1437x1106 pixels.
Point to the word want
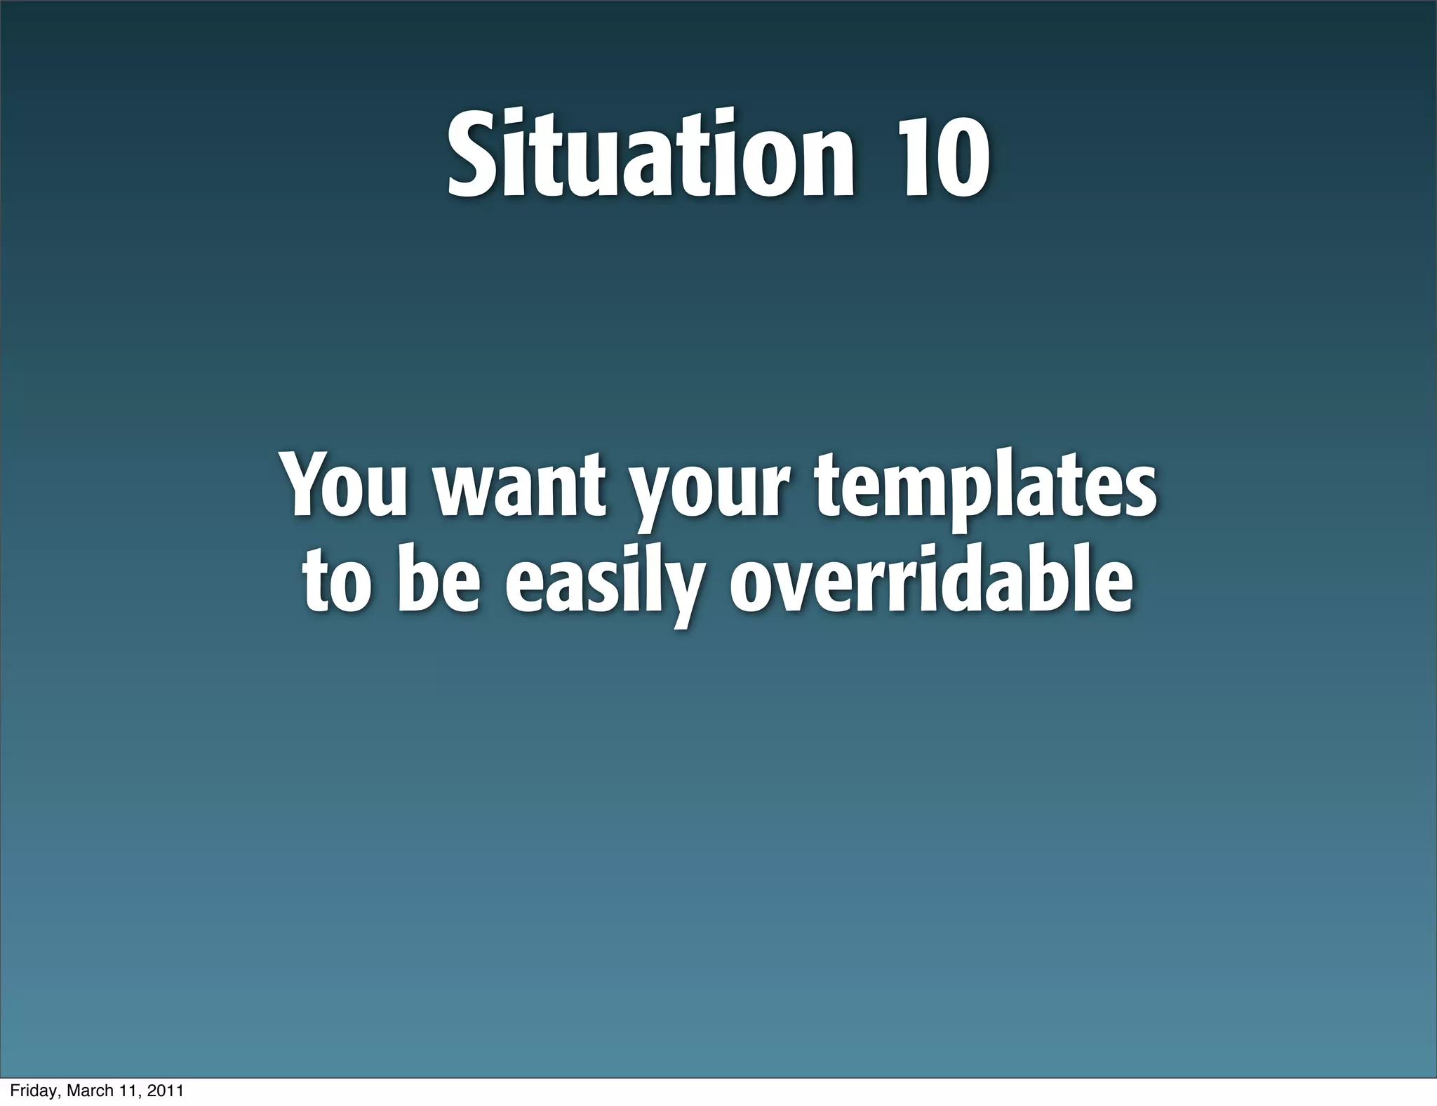[519, 486]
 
